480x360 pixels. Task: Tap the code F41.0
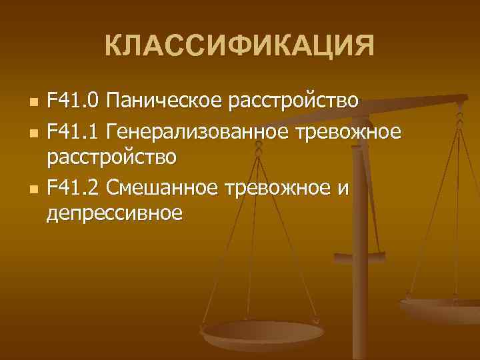(73, 101)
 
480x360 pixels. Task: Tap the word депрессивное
(115, 215)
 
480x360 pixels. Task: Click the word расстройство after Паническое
(294, 101)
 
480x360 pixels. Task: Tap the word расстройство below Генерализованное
(111, 159)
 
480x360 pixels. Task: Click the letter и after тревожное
(343, 189)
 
